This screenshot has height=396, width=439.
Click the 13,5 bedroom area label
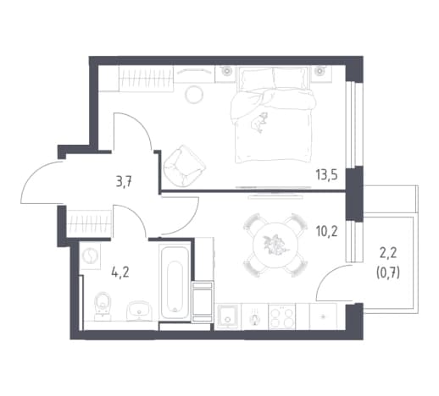[326, 175]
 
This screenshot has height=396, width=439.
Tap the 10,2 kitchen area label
[326, 232]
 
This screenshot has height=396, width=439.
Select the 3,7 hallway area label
[124, 182]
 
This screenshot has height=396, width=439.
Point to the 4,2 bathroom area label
[120, 272]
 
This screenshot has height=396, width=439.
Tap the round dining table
[275, 245]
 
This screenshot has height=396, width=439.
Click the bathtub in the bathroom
[175, 283]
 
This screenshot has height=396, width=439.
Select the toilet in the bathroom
[103, 306]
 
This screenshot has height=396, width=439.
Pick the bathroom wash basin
[139, 311]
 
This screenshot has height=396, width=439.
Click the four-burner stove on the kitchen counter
[281, 316]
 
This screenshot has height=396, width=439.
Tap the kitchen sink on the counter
[227, 316]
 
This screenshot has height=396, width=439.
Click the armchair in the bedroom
[184, 166]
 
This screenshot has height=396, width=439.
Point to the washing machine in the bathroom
[90, 256]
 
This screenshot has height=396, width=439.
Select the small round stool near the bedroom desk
[194, 95]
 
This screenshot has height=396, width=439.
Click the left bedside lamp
[225, 71]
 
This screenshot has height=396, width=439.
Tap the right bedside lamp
[320, 71]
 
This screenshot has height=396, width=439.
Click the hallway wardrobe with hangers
[88, 224]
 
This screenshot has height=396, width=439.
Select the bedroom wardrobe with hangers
[146, 79]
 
